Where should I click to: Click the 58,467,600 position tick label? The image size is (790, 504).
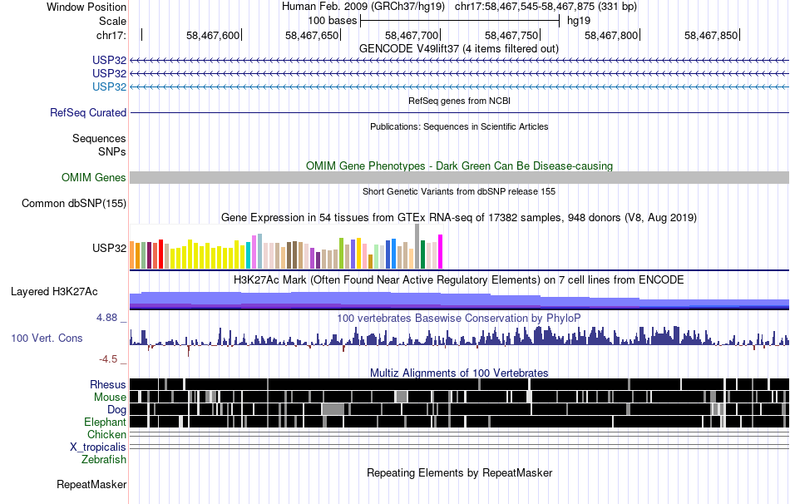[213, 35]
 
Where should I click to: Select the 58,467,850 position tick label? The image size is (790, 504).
[711, 35]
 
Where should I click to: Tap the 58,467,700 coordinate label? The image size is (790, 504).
[412, 35]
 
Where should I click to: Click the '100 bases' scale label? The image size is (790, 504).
[333, 21]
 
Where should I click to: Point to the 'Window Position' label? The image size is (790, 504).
[86, 7]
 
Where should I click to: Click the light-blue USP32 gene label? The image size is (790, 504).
[109, 86]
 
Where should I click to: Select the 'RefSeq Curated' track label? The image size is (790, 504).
[88, 112]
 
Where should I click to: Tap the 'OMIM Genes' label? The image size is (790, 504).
[94, 177]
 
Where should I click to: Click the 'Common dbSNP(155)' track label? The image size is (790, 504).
[74, 203]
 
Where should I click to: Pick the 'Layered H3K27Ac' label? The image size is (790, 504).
[54, 291]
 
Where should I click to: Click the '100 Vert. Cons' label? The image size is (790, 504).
[47, 338]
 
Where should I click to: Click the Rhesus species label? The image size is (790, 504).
[108, 384]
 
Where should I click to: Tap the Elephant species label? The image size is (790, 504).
[105, 422]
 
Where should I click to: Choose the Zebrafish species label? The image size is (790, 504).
[104, 459]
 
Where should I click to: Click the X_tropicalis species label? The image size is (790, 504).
[98, 447]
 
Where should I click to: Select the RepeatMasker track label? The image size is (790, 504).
[91, 484]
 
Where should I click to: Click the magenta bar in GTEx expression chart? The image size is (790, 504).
[441, 251]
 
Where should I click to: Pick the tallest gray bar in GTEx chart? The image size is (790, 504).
[417, 246]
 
